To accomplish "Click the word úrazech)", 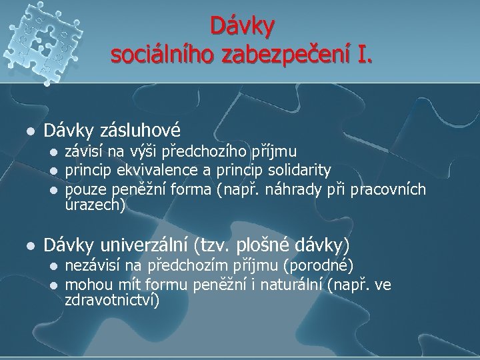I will [95, 207].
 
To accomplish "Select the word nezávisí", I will [91, 266].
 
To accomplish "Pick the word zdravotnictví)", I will [112, 301].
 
